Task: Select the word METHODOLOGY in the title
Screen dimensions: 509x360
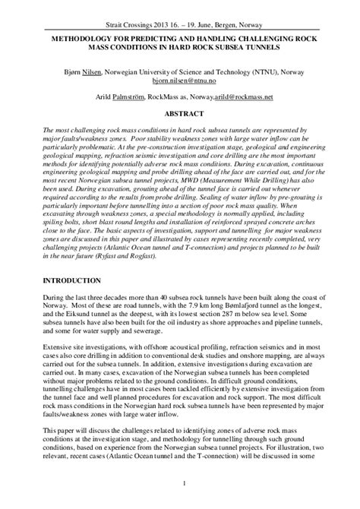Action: click(x=83, y=36)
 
